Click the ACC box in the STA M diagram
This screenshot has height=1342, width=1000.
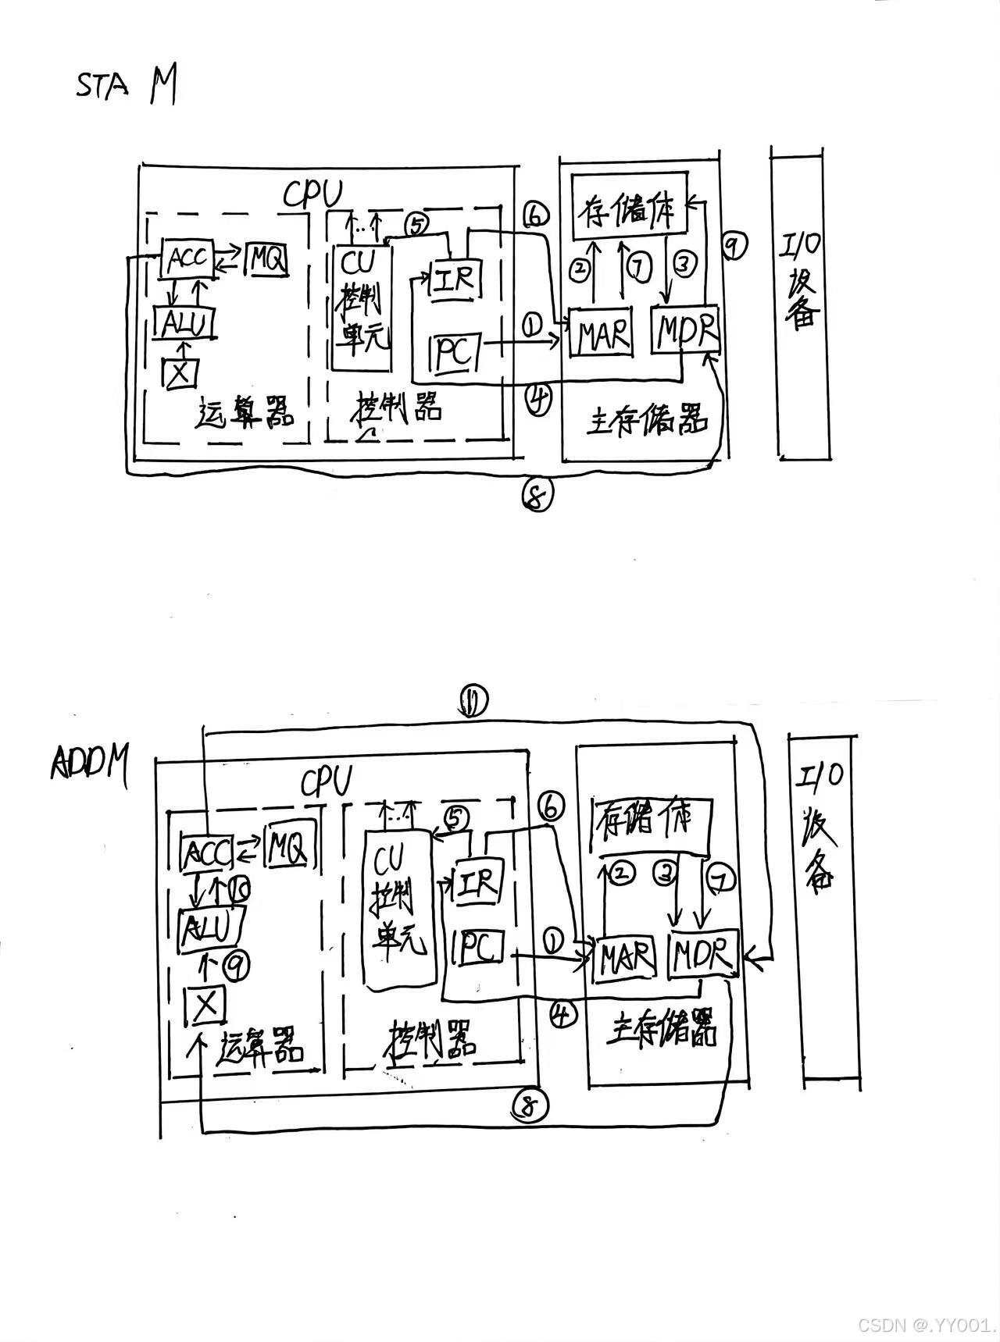pyautogui.click(x=187, y=259)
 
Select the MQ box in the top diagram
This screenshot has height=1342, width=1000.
pyautogui.click(x=266, y=259)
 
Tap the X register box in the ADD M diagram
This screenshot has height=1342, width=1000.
pyautogui.click(x=205, y=1006)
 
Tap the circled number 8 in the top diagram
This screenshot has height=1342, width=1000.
pyautogui.click(x=537, y=494)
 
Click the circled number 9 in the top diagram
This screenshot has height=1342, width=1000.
pyautogui.click(x=733, y=246)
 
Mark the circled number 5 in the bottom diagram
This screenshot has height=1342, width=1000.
pyautogui.click(x=457, y=817)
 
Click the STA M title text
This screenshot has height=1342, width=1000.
pyautogui.click(x=125, y=86)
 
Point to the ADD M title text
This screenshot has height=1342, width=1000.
pyautogui.click(x=90, y=761)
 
